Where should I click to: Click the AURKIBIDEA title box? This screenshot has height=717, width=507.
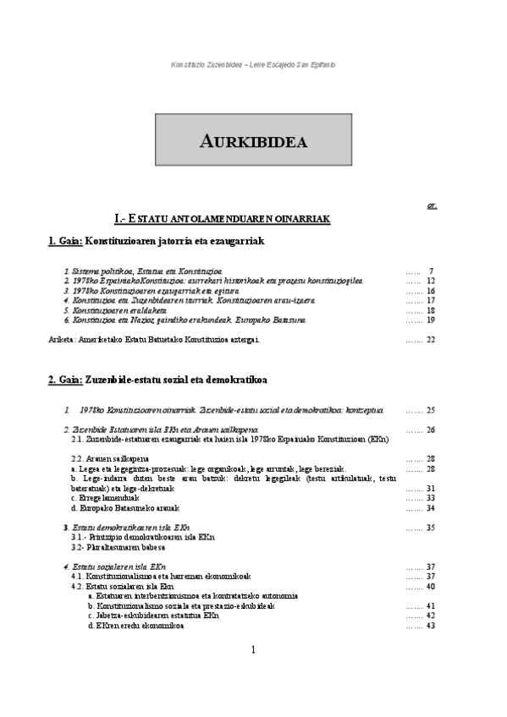click(253, 140)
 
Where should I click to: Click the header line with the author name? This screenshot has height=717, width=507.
click(253, 64)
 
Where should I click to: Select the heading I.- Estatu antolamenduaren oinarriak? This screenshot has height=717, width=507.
click(222, 219)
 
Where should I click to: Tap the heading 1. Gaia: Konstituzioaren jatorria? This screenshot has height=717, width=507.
click(157, 241)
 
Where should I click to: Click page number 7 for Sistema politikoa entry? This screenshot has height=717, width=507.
click(432, 271)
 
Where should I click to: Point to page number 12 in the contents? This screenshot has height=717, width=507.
click(432, 280)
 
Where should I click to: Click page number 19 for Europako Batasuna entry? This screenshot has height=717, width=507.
click(432, 320)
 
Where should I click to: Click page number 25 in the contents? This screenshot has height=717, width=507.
click(432, 409)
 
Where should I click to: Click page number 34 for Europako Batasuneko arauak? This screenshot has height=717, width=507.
click(432, 508)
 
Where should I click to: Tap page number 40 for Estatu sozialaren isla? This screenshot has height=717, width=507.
click(432, 586)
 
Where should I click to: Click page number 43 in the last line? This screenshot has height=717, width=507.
click(432, 626)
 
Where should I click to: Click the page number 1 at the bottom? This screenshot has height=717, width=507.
click(253, 649)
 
